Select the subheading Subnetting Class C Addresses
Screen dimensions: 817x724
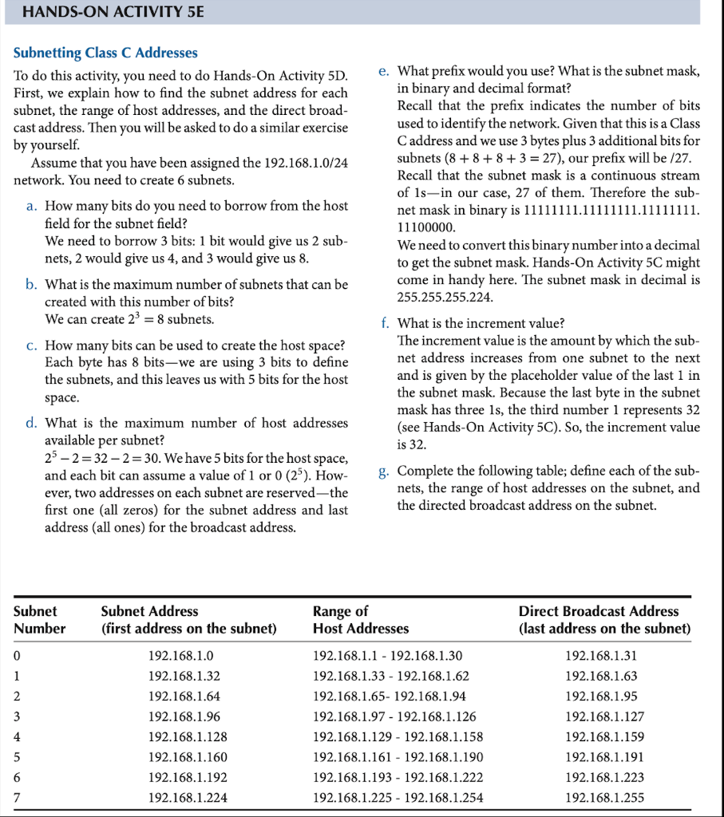coord(105,53)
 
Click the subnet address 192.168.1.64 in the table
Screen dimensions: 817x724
coord(181,696)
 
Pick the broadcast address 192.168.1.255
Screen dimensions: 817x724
coord(604,797)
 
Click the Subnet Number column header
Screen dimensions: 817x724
coord(40,619)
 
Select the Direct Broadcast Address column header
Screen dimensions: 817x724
coord(604,619)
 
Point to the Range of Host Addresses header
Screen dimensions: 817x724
coord(361,619)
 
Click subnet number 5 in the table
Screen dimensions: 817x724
coord(17,757)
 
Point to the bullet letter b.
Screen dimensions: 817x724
coord(31,285)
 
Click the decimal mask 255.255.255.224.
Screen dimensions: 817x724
coord(445,298)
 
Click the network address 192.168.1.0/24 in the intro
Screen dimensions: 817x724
coord(289,163)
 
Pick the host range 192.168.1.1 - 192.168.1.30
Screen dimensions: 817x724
coord(388,655)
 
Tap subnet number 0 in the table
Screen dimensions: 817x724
coord(17,655)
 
